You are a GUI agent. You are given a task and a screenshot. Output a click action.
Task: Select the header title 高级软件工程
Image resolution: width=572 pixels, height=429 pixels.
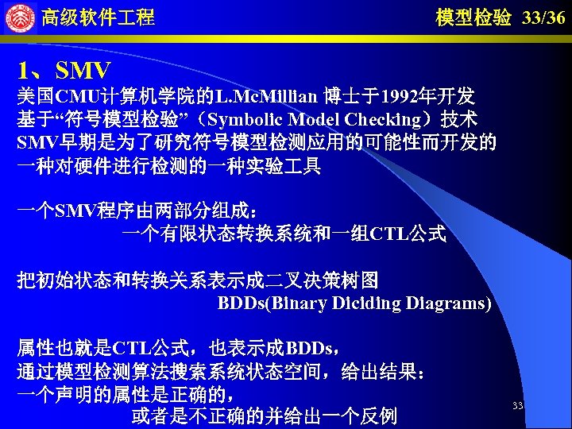[x=98, y=17]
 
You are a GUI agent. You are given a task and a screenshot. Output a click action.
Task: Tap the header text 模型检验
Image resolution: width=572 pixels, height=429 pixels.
[x=473, y=17]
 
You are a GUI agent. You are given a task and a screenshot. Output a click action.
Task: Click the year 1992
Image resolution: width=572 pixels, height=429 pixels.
[x=398, y=98]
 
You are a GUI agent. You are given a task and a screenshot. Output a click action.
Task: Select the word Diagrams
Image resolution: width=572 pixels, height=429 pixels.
[x=447, y=303]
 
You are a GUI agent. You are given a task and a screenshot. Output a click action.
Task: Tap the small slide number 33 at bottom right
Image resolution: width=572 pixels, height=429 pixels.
[x=517, y=406]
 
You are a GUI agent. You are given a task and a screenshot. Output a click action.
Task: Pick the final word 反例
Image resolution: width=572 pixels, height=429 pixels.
[x=379, y=415]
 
